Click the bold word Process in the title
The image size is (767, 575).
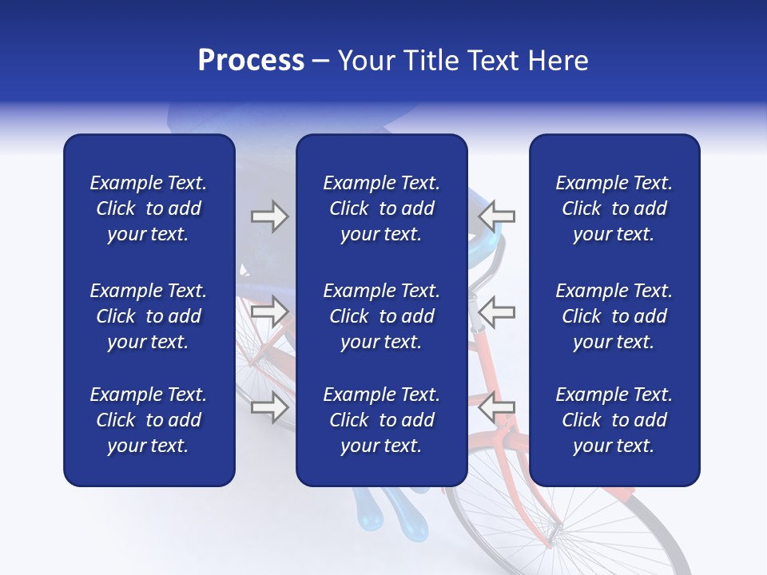[x=251, y=61]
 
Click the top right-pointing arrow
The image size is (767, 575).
[x=269, y=216]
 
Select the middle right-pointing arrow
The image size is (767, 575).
[x=269, y=312]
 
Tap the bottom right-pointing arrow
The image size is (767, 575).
[x=269, y=407]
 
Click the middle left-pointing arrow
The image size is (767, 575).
[x=496, y=312]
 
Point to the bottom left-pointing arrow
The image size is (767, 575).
[x=496, y=407]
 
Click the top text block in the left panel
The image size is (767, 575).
[x=149, y=208]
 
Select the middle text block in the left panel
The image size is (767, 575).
[x=149, y=316]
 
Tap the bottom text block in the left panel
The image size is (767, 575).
[x=149, y=420]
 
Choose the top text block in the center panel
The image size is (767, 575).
[x=381, y=208]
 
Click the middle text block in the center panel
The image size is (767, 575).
[x=381, y=316]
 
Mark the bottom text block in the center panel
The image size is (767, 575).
[x=381, y=420]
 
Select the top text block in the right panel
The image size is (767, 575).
[x=614, y=208]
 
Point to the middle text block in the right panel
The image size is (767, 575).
[x=614, y=316]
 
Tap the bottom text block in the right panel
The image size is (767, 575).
[x=614, y=420]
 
